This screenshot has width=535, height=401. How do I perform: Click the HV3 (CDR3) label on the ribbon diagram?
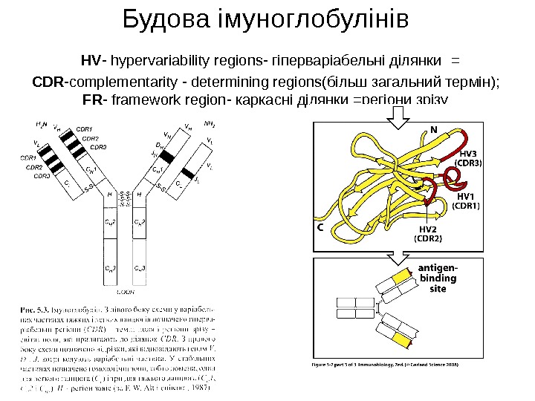[469, 157]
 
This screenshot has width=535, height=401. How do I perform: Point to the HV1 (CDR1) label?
[467, 200]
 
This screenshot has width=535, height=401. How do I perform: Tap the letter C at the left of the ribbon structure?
[321, 228]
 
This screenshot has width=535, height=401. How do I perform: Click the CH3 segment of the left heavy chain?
[110, 267]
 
